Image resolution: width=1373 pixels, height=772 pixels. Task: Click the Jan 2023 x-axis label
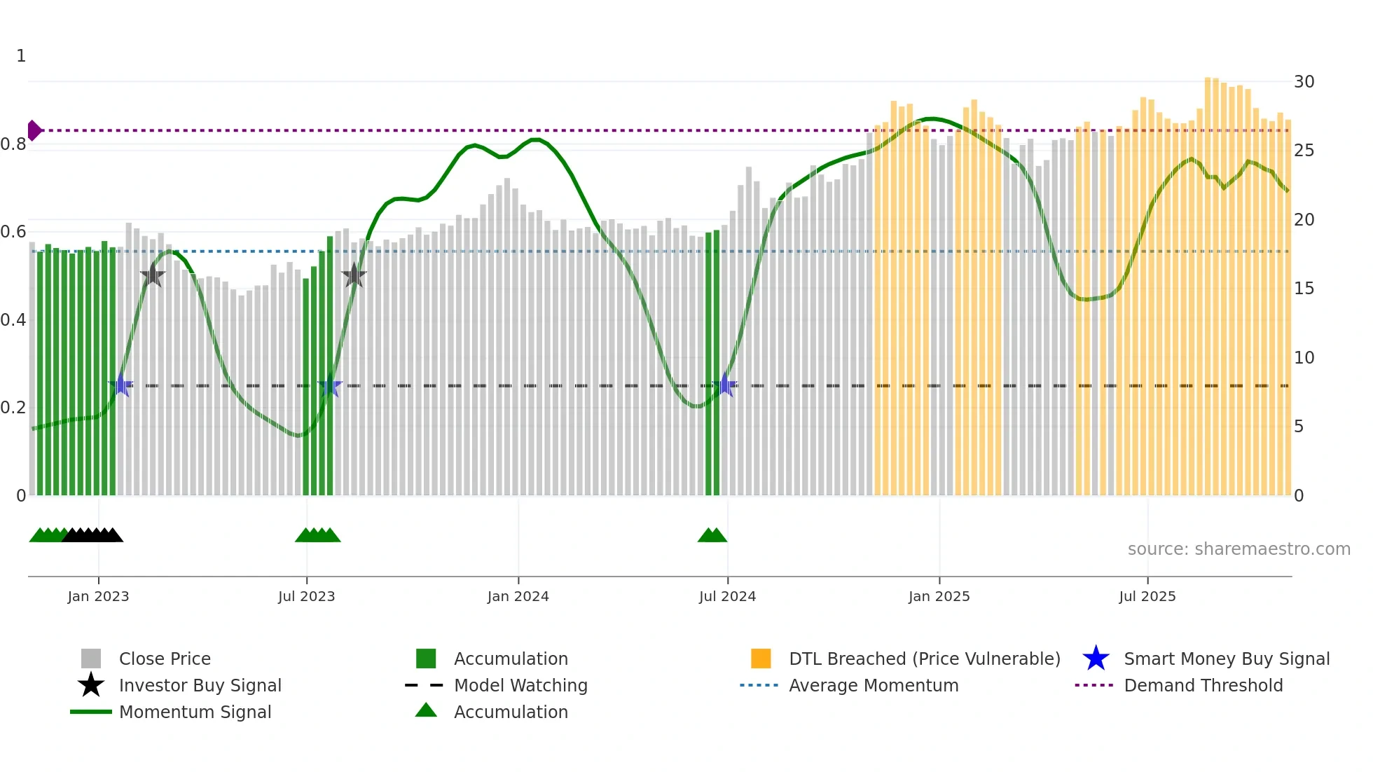tap(98, 596)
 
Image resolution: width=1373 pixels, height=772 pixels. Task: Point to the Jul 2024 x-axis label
tap(727, 596)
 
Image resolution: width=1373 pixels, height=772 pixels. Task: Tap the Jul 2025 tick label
tap(1147, 596)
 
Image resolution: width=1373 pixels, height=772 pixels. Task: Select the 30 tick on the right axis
tap(1304, 82)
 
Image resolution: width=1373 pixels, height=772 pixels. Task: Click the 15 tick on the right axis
tap(1304, 289)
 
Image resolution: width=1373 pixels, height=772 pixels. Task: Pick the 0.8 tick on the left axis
tap(13, 144)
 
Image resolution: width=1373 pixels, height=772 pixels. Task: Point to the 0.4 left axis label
tap(13, 320)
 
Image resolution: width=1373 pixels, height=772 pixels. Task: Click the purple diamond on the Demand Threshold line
tap(34, 130)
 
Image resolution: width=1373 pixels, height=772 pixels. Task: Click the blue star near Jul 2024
tap(726, 385)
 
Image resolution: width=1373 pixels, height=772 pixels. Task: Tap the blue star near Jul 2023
tap(329, 385)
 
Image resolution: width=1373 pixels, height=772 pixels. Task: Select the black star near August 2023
tap(354, 276)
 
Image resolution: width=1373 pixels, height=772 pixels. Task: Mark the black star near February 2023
tap(152, 276)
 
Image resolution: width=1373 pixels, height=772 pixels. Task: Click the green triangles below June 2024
tap(712, 535)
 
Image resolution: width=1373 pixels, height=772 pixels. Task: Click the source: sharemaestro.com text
tap(1239, 549)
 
